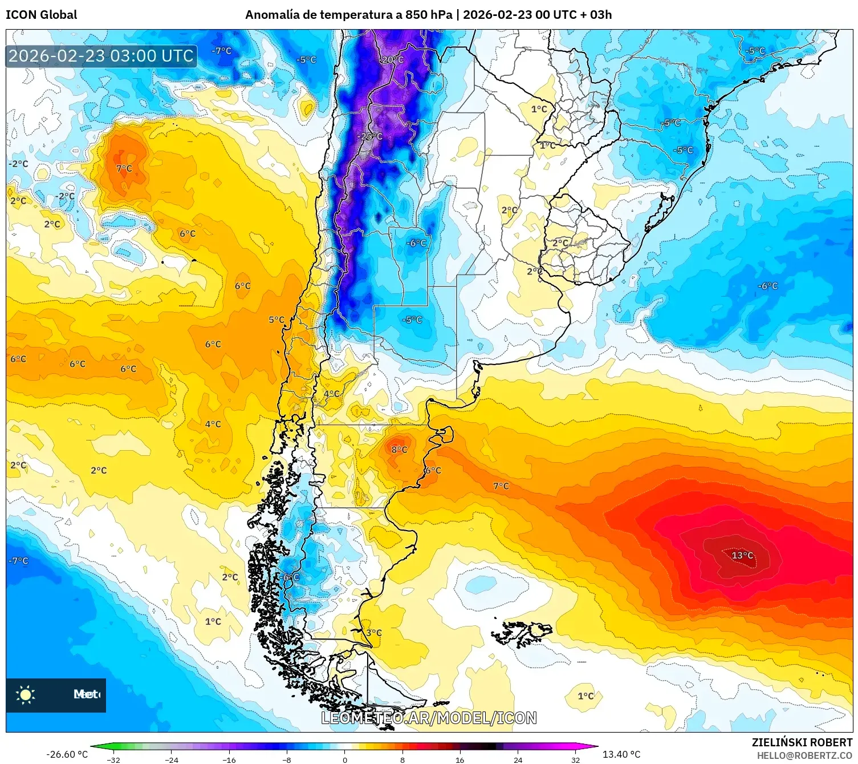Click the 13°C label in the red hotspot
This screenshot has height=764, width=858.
click(742, 555)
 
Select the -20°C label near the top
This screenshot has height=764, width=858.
click(392, 60)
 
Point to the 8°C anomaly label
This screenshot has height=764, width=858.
click(399, 450)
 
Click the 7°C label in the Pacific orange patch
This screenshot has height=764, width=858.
click(124, 168)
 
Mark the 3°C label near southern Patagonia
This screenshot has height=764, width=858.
click(374, 633)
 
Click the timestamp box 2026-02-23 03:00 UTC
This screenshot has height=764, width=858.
click(101, 56)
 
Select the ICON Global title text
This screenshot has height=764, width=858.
click(41, 15)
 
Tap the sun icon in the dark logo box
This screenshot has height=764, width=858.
click(26, 694)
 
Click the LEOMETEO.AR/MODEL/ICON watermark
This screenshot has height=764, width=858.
click(429, 718)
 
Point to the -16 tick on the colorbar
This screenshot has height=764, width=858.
click(229, 759)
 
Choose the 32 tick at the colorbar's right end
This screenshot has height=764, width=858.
click(575, 759)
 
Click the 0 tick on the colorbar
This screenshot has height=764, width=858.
click(344, 759)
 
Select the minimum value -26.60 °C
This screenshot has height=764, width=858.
click(67, 754)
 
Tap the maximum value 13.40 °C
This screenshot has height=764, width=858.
click(621, 754)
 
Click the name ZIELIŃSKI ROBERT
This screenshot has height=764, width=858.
click(802, 742)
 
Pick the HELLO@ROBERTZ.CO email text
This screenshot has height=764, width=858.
click(804, 755)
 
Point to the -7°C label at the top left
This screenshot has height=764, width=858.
click(222, 51)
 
